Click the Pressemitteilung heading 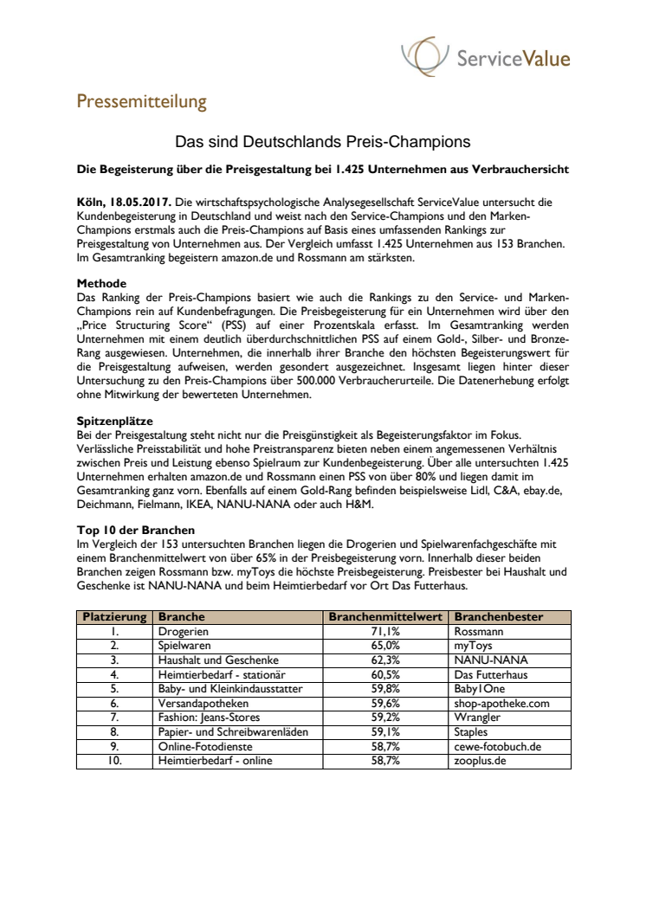coord(141,101)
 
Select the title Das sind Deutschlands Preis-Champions coord(322,139)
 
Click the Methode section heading coord(101,283)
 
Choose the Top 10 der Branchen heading coord(135,529)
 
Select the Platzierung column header coord(114,617)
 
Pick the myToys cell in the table coord(474,646)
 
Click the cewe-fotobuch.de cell coord(499,747)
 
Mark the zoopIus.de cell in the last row coord(480,761)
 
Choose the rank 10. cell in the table coord(114,761)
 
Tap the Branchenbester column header coord(499,617)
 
